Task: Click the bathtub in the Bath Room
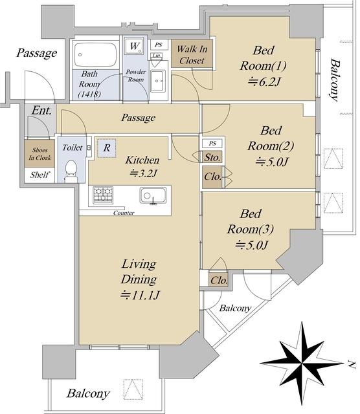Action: click(x=96, y=55)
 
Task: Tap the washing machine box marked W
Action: click(x=135, y=47)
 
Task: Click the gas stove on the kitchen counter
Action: click(x=103, y=195)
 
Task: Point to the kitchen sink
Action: click(x=153, y=195)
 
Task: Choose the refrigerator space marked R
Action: click(x=107, y=148)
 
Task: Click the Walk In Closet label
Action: click(x=192, y=54)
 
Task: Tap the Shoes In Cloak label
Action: click(x=39, y=154)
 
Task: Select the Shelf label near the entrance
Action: click(x=39, y=175)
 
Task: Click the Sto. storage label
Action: click(x=212, y=158)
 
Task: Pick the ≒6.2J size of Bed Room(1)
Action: click(x=264, y=82)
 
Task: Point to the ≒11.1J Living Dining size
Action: click(x=140, y=295)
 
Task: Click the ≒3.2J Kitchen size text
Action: click(x=143, y=173)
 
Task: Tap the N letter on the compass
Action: click(x=351, y=364)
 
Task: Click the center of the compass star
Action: click(x=301, y=364)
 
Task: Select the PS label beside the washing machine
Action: click(x=159, y=45)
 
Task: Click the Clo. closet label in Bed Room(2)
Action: click(x=212, y=177)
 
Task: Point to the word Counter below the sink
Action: click(x=124, y=213)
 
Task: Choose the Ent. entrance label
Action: click(x=41, y=111)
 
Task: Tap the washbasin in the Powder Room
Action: click(x=158, y=81)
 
